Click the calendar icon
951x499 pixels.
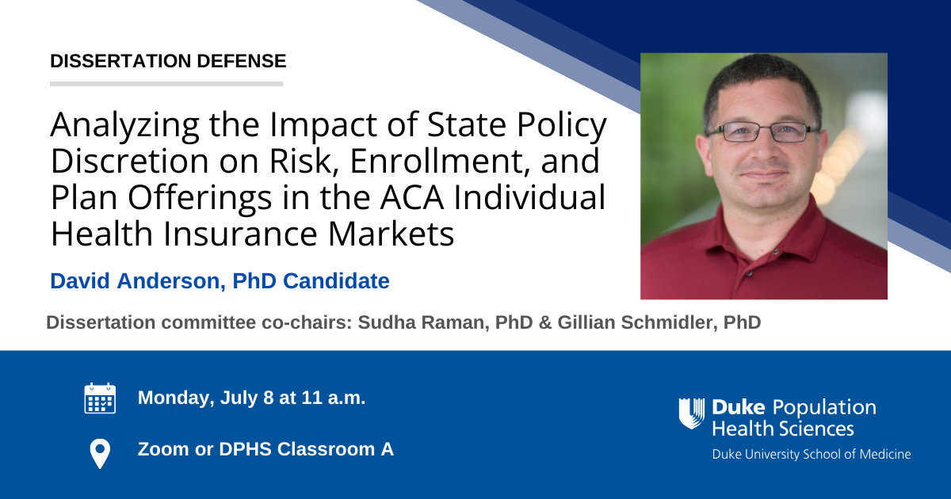pyautogui.click(x=100, y=398)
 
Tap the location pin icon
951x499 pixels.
pyautogui.click(x=100, y=454)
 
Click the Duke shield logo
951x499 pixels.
pyautogui.click(x=692, y=413)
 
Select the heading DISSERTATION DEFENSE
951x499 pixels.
pyautogui.click(x=168, y=61)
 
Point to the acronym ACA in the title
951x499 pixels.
pyautogui.click(x=412, y=197)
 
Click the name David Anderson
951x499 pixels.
pyautogui.click(x=135, y=281)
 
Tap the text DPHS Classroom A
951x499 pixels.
pyautogui.click(x=306, y=449)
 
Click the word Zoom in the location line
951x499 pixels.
pyautogui.click(x=163, y=449)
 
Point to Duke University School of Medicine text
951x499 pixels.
pyautogui.click(x=812, y=455)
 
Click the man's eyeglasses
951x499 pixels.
pyautogui.click(x=763, y=132)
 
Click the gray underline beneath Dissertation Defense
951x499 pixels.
pyautogui.click(x=166, y=84)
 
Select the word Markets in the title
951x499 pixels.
pyautogui.click(x=391, y=234)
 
